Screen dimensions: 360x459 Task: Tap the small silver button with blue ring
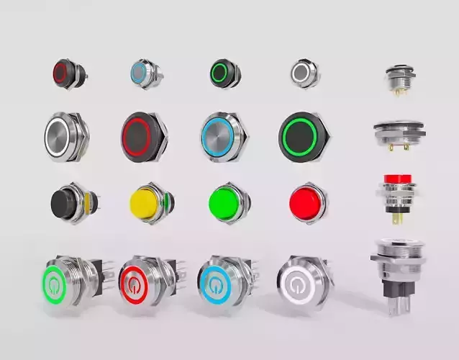(140, 72)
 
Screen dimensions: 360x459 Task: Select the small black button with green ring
(220, 72)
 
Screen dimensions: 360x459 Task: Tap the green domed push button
(225, 202)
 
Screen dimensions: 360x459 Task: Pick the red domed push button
(305, 202)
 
